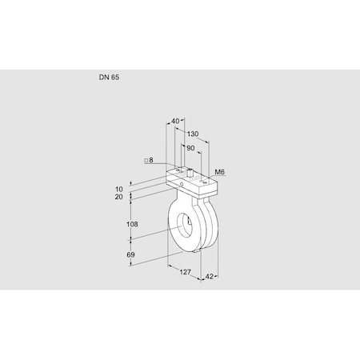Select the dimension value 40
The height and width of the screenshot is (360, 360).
176,122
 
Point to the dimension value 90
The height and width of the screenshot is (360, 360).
190,148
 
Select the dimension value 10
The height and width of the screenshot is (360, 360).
118,189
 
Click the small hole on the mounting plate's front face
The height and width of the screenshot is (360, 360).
182,184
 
